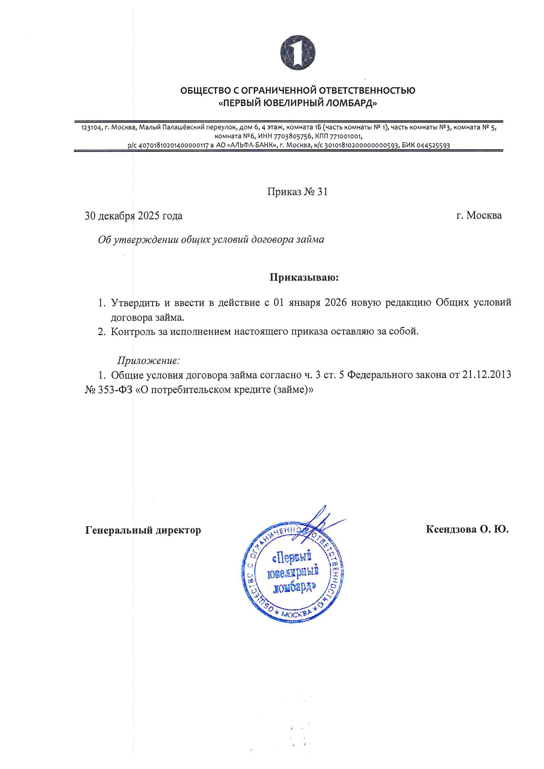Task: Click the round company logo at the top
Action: [298, 53]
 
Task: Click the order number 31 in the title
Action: [322, 191]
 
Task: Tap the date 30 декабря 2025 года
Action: [133, 216]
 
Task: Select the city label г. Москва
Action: [479, 215]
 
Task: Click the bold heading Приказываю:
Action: [304, 277]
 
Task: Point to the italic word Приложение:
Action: [148, 360]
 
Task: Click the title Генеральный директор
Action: [143, 530]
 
